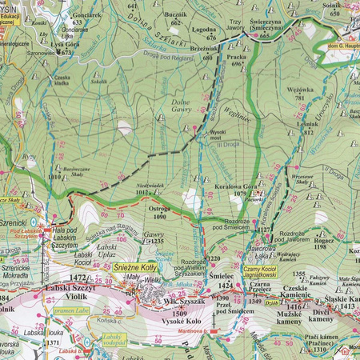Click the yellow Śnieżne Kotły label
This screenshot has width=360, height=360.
tap(132, 270)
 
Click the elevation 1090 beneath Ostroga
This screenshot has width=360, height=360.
tap(160, 216)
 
